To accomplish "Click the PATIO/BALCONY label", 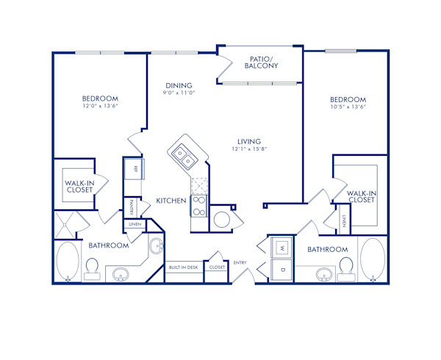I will (x=261, y=62).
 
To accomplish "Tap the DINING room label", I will (x=178, y=85).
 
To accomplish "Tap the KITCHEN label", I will (x=170, y=201).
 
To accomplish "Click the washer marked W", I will (x=282, y=248).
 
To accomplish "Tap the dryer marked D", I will (x=282, y=270).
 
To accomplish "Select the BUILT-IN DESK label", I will (x=182, y=268).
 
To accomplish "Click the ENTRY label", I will (x=240, y=263).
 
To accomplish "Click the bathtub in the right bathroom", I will (x=372, y=259).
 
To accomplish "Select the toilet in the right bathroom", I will (x=347, y=269).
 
